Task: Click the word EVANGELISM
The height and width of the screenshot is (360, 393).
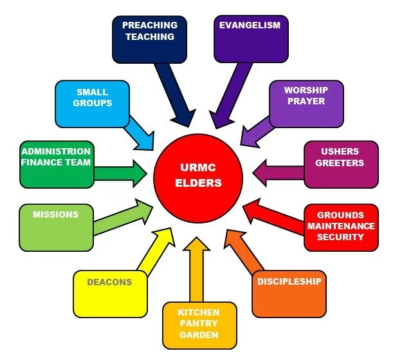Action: coord(250,25)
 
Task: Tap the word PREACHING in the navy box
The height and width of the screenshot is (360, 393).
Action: coord(150,25)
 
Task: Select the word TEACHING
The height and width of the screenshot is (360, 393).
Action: coord(150,37)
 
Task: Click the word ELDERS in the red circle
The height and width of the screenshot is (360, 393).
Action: coord(199,183)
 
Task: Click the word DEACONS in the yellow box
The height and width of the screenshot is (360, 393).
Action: coord(110,282)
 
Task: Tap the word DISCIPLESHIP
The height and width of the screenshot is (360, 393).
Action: coord(289,281)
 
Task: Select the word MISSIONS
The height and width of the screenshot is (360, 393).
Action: coord(55,214)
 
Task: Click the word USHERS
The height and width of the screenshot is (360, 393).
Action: coord(342,152)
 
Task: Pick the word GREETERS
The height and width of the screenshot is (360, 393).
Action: coord(342,163)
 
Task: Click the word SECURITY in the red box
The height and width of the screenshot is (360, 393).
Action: coord(340,237)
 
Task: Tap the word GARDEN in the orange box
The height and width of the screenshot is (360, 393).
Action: coord(199,335)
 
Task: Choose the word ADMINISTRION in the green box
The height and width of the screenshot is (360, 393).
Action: coord(56,151)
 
